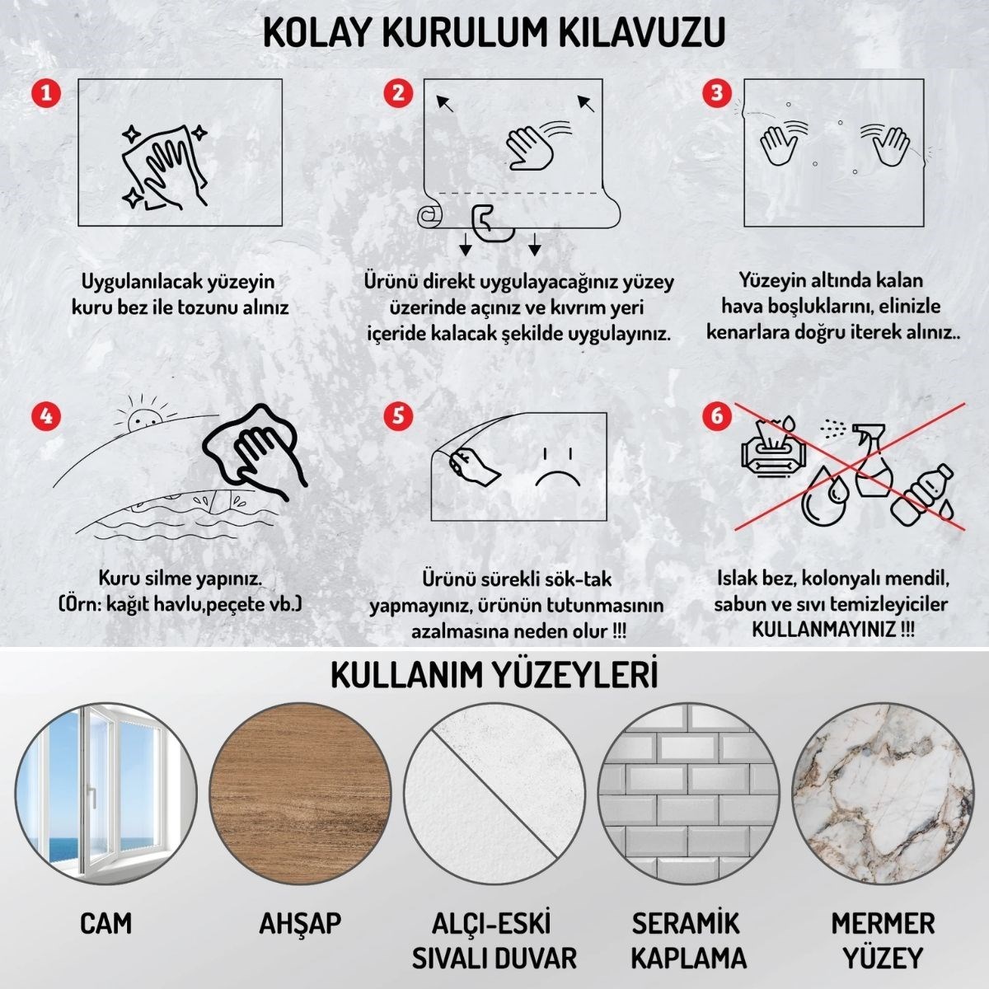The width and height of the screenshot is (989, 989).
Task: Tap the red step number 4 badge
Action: coord(45,415)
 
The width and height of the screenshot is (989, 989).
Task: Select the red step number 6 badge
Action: coord(716,415)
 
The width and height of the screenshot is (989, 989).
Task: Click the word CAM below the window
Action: coord(105,923)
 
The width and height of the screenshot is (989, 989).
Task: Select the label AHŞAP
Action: coord(300,923)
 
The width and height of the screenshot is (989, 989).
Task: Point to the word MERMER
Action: coord(883,922)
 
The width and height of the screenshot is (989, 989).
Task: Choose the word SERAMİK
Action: coord(686,922)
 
